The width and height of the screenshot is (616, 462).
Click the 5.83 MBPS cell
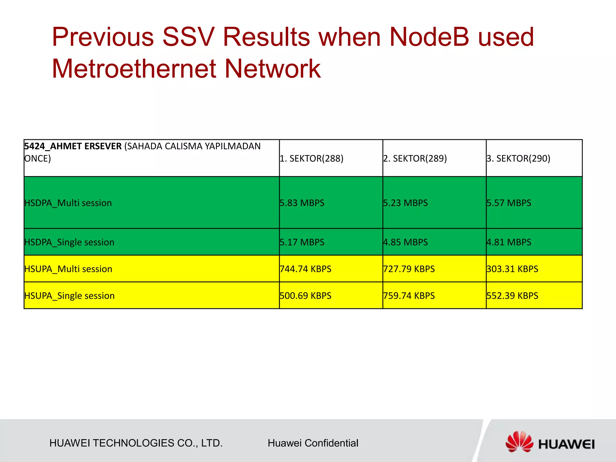[x=302, y=203]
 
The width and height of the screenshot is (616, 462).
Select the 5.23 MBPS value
[x=405, y=203]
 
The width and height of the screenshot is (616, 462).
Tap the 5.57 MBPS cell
[x=509, y=203]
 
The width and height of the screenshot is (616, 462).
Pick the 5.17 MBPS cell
[x=302, y=242]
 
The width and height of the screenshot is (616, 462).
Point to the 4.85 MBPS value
[x=405, y=242]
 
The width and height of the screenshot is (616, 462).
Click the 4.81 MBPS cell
[x=509, y=242]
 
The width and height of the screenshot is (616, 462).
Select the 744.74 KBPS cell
[x=305, y=269]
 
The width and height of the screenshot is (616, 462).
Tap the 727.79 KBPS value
[x=409, y=269]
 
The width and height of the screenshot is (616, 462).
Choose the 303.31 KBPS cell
[x=512, y=269]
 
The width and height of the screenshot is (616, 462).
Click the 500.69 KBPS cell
[x=305, y=296]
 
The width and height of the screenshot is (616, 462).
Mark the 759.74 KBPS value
[x=409, y=296]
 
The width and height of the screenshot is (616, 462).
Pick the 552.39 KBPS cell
[x=512, y=296]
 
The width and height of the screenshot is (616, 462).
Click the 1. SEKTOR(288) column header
[x=312, y=158]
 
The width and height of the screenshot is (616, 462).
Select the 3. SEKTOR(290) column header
[x=518, y=158]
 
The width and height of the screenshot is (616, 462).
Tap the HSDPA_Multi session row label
[x=68, y=203]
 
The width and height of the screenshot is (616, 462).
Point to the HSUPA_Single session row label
[x=69, y=296]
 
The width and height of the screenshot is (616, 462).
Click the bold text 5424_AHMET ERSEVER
[x=73, y=146]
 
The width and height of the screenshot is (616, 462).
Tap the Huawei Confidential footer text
[x=313, y=443]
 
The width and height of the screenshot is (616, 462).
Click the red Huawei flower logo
[x=519, y=442]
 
